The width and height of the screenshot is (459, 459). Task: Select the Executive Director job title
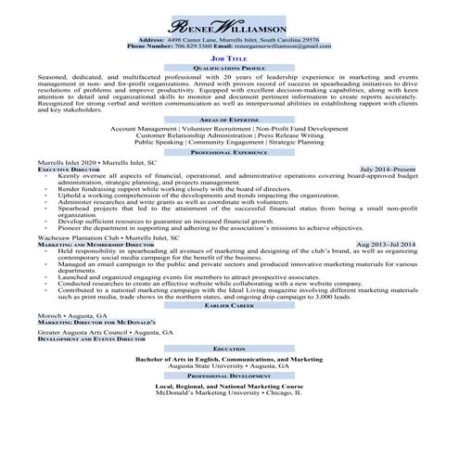pyautogui.click(x=67, y=171)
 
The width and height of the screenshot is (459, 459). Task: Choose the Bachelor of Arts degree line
pyautogui.click(x=228, y=358)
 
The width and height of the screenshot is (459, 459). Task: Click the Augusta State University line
pyautogui.click(x=228, y=366)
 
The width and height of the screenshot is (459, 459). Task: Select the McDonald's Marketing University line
pyautogui.click(x=228, y=394)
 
